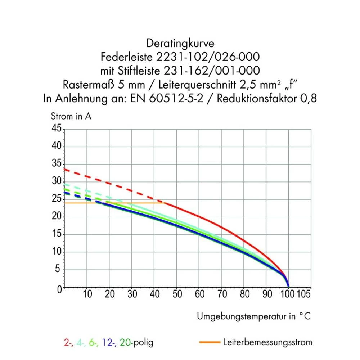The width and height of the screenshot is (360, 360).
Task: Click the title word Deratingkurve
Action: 180,44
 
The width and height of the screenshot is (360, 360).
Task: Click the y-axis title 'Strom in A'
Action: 71,116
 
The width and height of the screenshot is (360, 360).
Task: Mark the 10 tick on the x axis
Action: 87,294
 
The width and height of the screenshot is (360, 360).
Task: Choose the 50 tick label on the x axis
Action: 177,294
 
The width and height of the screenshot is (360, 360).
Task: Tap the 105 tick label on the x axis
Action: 303,294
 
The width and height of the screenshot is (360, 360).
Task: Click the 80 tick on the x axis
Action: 244,294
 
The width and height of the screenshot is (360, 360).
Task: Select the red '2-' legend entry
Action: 68,342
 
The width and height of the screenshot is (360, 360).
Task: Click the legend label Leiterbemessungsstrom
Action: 267,342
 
